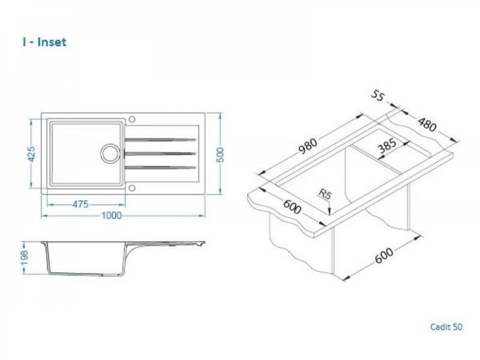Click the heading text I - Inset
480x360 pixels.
pos(44,42)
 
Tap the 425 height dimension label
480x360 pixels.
pos(32,154)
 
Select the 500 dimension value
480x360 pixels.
pos(220,155)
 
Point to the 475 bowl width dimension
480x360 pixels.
pos(81,204)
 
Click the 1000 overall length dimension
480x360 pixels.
pos(111,216)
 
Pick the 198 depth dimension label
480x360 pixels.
pos(24,258)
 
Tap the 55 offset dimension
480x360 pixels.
pos(377,96)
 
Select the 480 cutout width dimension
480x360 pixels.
pos(427,124)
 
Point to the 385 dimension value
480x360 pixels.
pos(387,146)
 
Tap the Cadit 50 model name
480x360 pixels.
pos(446,326)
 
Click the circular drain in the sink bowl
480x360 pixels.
pos(109,153)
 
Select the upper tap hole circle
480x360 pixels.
pos(132,119)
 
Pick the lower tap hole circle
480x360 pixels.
pos(132,188)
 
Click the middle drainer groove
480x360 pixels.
pos(160,154)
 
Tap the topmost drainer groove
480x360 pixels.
pos(160,140)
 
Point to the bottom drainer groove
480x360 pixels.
pos(160,167)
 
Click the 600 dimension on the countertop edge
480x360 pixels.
pos(292,206)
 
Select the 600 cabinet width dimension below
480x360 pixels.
pos(384,256)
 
